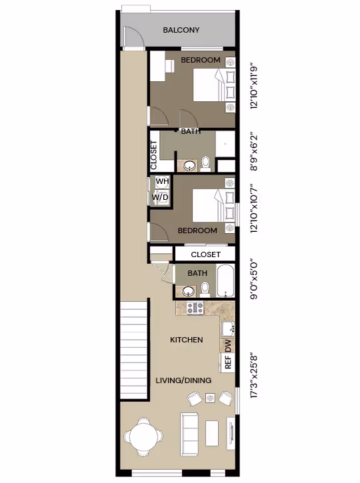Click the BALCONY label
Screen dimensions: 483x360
[181, 31]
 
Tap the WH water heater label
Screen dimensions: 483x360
[161, 181]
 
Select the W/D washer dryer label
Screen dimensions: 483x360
[160, 197]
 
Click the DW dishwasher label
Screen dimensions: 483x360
[228, 345]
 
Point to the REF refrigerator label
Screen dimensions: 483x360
[228, 363]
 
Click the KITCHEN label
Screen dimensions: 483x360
[187, 340]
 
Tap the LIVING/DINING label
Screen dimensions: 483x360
[183, 380]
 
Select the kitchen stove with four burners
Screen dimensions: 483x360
[195, 308]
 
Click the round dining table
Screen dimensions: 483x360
[142, 436]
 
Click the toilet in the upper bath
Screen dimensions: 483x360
[206, 162]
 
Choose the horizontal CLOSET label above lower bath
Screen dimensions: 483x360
[205, 254]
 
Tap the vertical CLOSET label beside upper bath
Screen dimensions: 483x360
[154, 155]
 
